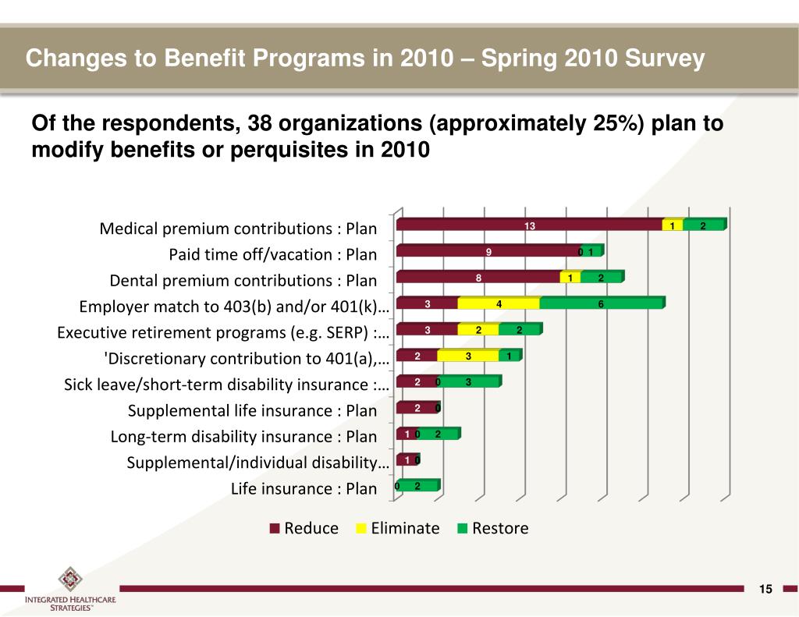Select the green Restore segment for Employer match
tap(601, 303)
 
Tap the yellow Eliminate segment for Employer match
tap(498, 303)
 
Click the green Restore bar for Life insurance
tap(418, 486)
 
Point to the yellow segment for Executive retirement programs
tap(478, 330)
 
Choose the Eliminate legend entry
tap(397, 528)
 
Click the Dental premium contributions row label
tap(243, 281)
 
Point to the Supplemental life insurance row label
tap(252, 410)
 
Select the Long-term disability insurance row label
tap(243, 437)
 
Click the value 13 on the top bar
tap(529, 225)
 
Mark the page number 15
tap(765, 589)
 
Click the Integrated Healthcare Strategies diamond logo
tap(69, 580)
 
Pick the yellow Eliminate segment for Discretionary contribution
tap(467, 356)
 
